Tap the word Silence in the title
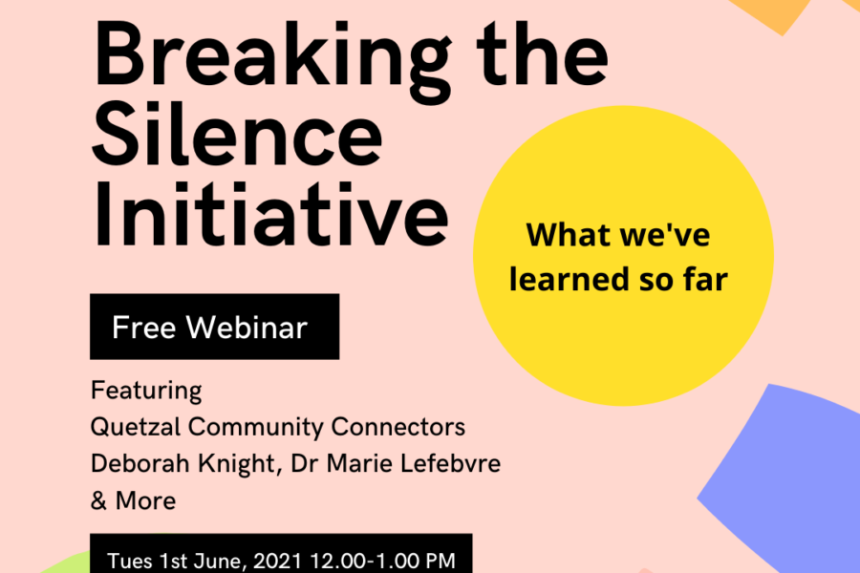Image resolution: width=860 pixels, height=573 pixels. (x=237, y=135)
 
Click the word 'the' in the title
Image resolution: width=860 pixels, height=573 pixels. (x=542, y=53)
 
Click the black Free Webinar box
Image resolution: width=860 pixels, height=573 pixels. (x=214, y=327)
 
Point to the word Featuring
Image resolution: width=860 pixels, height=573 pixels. (x=146, y=391)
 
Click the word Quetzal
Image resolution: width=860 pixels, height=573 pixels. (x=136, y=427)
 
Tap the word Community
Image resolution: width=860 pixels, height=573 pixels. (x=255, y=427)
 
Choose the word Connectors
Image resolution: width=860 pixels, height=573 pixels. (x=398, y=427)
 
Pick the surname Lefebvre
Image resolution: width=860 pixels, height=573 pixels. (x=451, y=463)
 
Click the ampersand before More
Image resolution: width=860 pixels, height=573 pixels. (x=98, y=500)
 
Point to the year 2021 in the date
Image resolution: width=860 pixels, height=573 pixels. (x=278, y=561)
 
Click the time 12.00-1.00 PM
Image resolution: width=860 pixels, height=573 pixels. (x=383, y=561)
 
